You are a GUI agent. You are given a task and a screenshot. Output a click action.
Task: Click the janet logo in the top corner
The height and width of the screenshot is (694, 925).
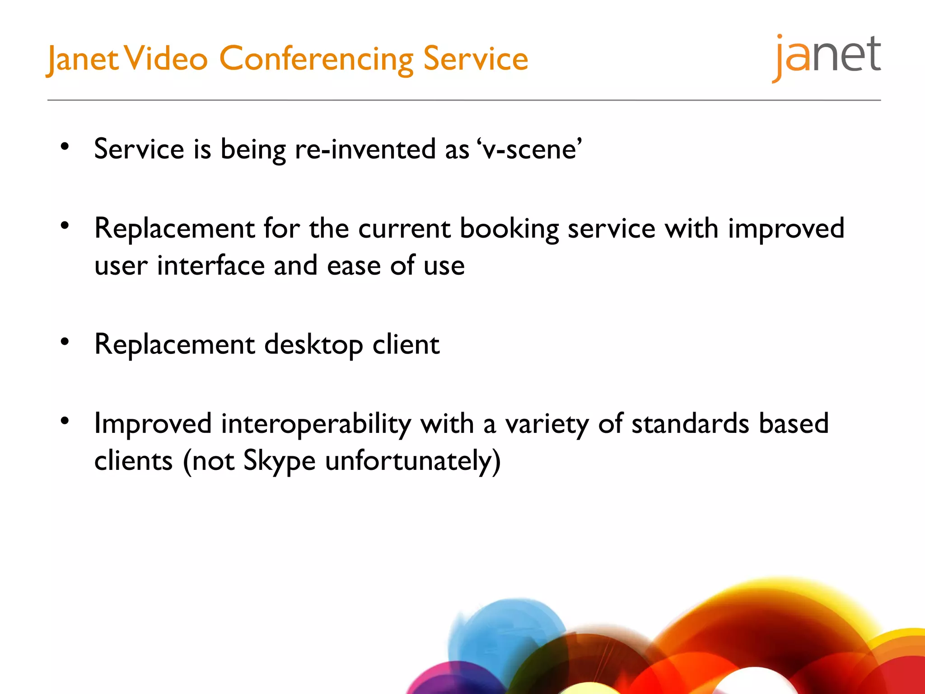pos(827,56)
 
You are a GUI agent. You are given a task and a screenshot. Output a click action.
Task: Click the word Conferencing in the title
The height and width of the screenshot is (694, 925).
pos(316,59)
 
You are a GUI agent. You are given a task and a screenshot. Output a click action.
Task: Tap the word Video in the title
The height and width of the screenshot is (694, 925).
pos(166,59)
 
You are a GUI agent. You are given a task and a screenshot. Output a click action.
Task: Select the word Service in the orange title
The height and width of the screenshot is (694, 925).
pos(476,59)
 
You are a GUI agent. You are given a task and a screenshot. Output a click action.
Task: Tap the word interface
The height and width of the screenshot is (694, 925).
pos(210,265)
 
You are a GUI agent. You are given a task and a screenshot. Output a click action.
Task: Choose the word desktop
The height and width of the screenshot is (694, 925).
pos(313,345)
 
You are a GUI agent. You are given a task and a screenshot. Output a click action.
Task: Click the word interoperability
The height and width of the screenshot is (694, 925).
pos(316,424)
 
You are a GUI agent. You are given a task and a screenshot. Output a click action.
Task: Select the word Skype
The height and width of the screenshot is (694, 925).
pos(279,461)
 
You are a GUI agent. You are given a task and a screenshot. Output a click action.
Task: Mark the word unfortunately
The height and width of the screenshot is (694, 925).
pos(412,461)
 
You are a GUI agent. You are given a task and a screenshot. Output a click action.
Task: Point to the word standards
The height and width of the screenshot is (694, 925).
pos(690,424)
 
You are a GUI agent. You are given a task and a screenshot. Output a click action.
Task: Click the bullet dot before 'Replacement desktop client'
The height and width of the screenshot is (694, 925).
pos(65,342)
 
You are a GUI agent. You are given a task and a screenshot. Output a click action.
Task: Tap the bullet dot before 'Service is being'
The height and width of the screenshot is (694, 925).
pos(65,146)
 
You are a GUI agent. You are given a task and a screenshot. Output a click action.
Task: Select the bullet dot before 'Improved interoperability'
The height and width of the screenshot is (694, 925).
pos(65,421)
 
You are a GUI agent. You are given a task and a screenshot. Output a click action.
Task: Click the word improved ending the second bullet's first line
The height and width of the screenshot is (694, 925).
pos(786,229)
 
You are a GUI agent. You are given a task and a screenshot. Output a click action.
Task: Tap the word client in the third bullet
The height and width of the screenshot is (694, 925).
pos(406,345)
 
